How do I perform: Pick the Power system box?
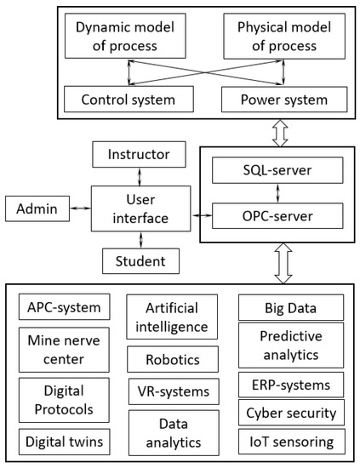273,99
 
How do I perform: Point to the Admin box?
34,207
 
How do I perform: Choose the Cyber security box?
291,414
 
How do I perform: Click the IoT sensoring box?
291,442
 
